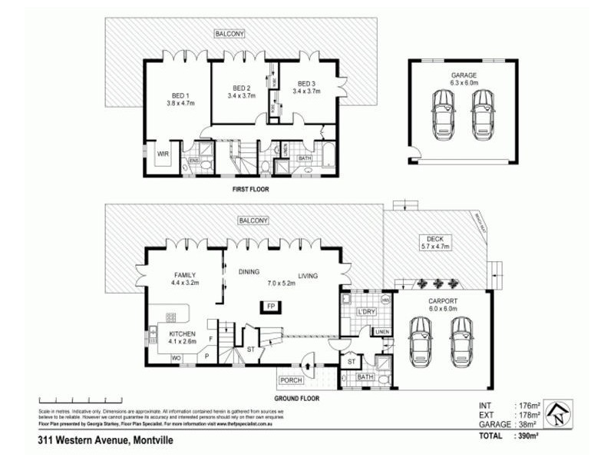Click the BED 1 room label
[178, 95]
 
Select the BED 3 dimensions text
[307, 91]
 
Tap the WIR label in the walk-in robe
[163, 154]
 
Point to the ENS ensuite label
[194, 160]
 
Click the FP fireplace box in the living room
[270, 307]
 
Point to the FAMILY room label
[185, 274]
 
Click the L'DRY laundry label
[365, 311]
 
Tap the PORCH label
[291, 380]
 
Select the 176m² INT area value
[528, 405]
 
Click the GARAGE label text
[464, 75]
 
